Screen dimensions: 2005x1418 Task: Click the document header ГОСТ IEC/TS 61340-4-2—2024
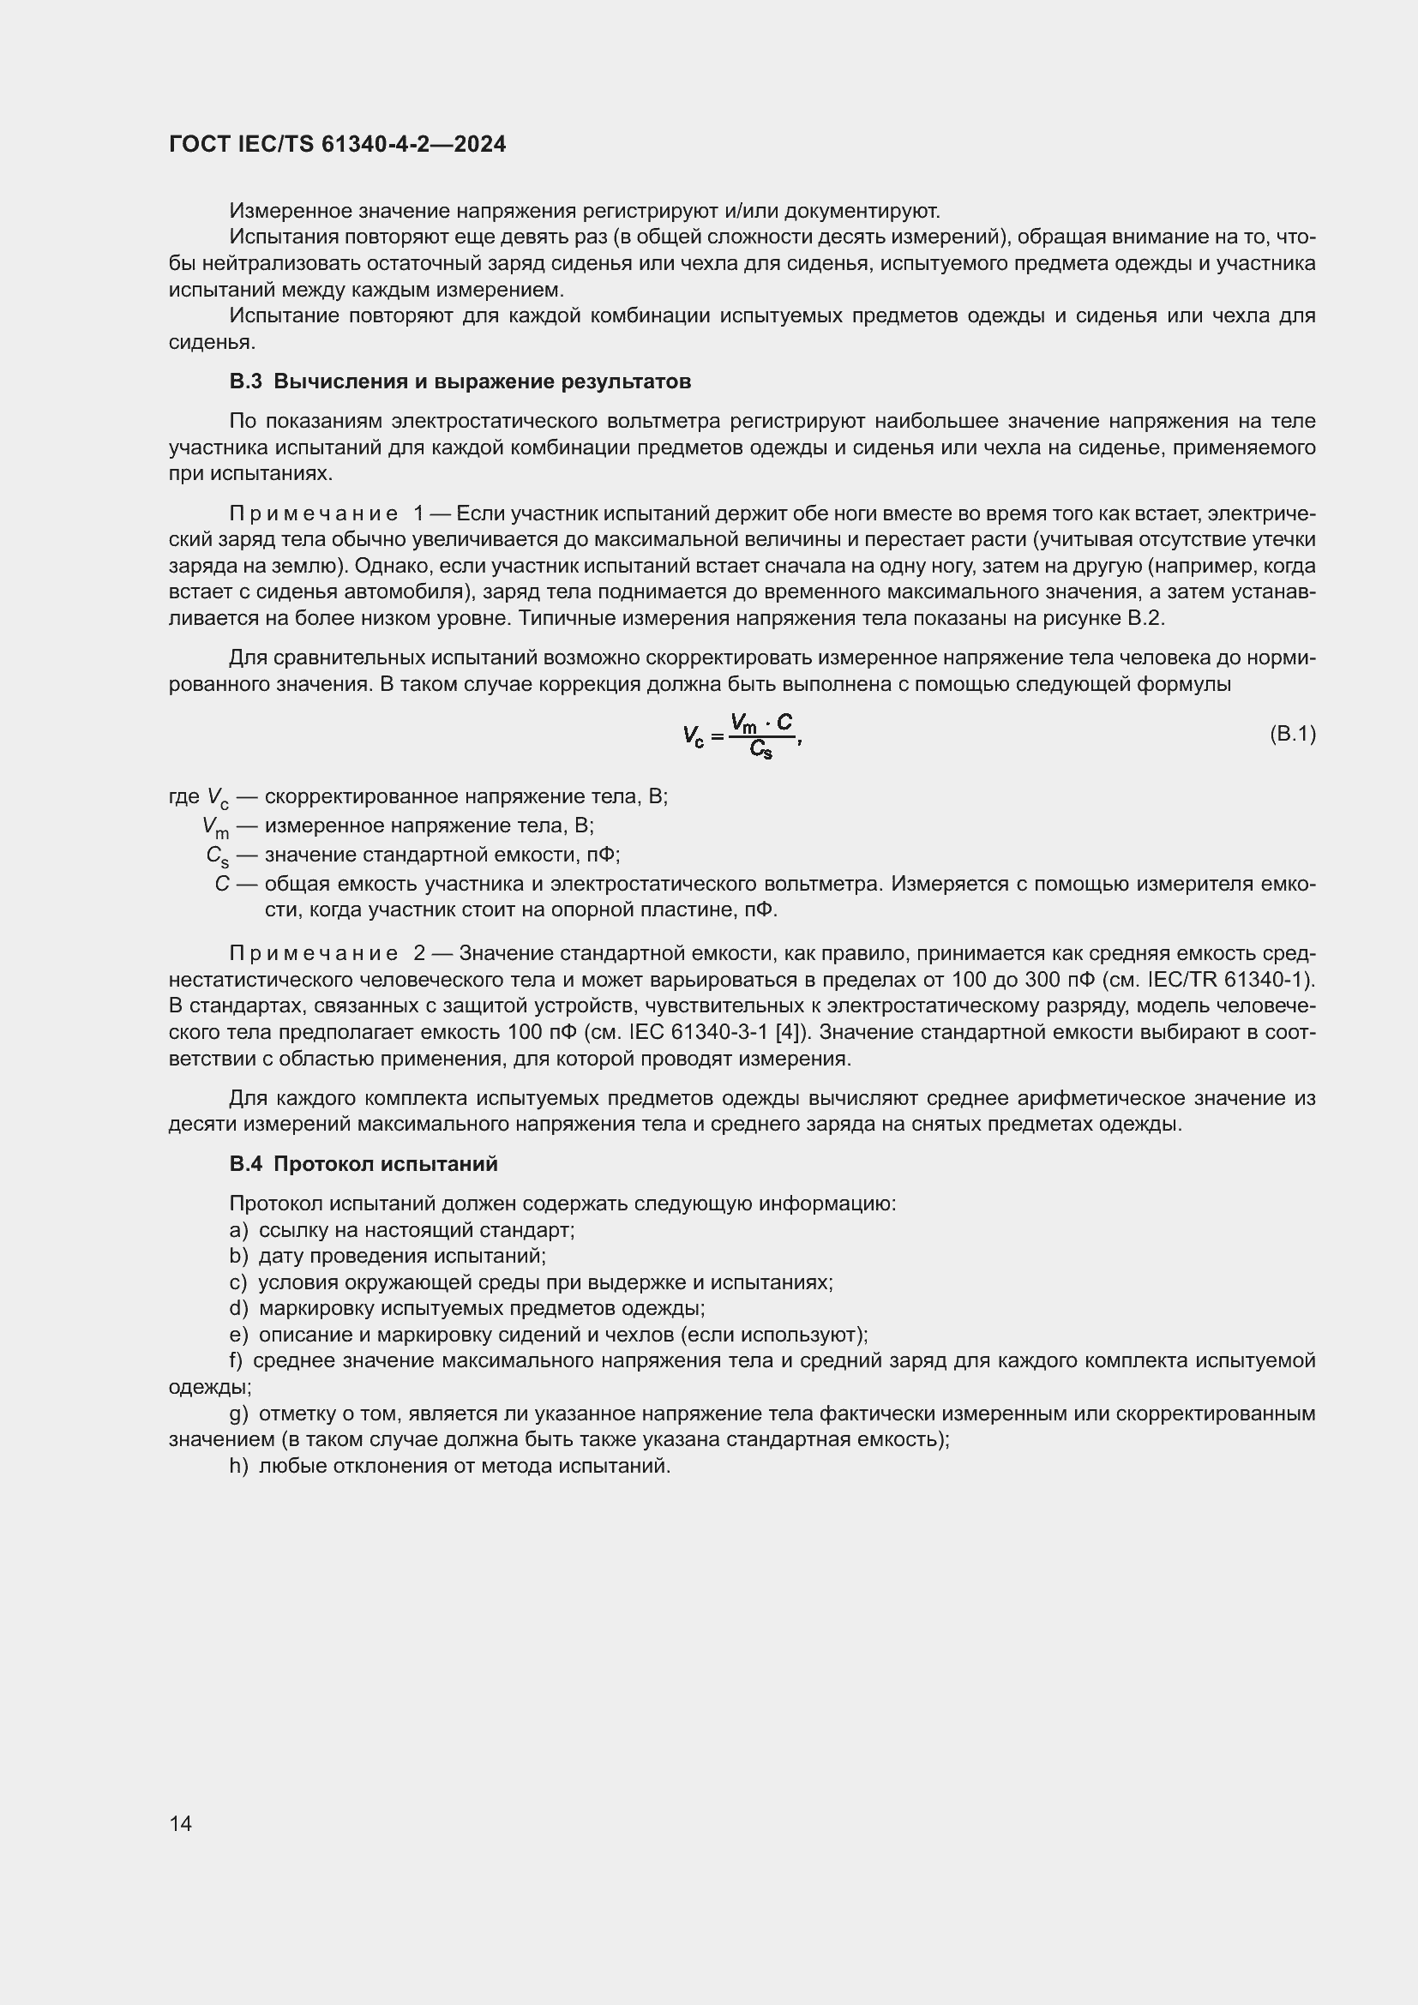point(337,144)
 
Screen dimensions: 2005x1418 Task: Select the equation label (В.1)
point(1292,734)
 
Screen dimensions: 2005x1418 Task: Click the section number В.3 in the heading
point(245,381)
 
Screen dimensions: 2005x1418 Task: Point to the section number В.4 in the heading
point(245,1164)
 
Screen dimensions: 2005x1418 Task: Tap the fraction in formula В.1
point(762,735)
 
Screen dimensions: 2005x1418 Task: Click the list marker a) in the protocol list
point(238,1230)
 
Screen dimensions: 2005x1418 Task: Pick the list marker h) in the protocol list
point(238,1466)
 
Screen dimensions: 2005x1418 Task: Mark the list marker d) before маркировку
point(238,1309)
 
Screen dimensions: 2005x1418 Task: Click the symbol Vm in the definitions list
point(215,827)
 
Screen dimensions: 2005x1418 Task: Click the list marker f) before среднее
point(237,1361)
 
